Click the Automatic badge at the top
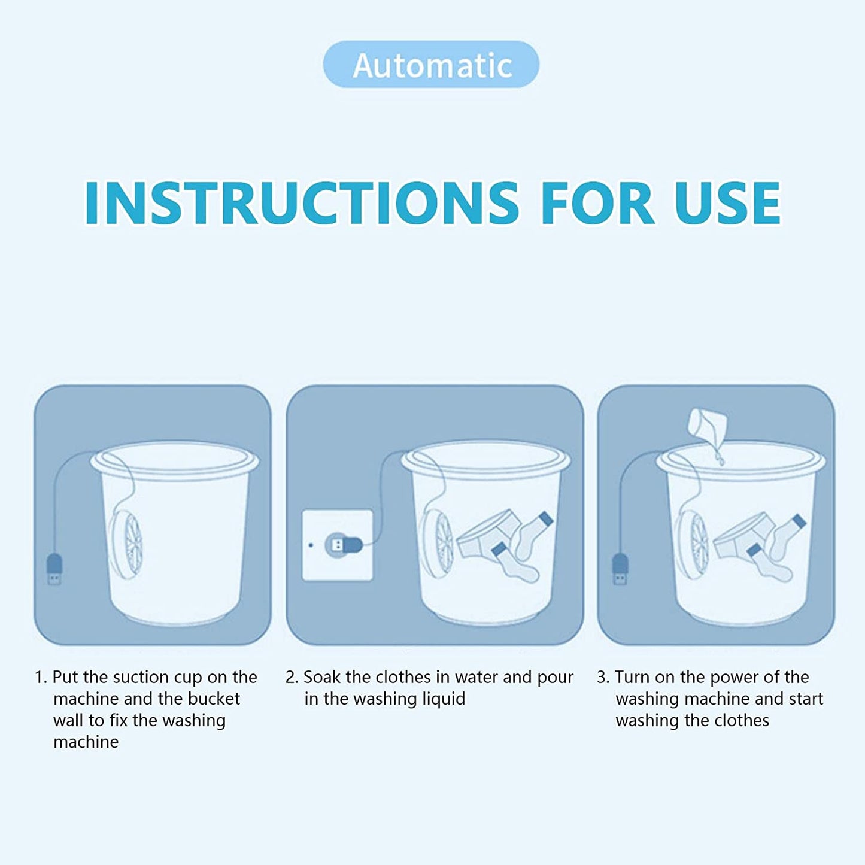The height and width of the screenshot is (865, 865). point(431,65)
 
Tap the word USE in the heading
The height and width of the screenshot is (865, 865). point(727,203)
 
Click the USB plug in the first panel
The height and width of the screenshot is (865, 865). point(54,569)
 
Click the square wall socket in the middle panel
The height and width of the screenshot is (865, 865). point(337,545)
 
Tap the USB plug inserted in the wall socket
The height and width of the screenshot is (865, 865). point(343,545)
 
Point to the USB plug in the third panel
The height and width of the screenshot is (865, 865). point(620,569)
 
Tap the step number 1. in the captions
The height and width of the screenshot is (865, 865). point(40,678)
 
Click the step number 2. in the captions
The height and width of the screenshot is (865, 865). point(292,678)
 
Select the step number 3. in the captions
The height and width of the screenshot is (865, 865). point(603,678)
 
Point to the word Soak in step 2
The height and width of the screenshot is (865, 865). point(322,678)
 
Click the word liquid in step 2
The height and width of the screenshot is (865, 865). point(442,699)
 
